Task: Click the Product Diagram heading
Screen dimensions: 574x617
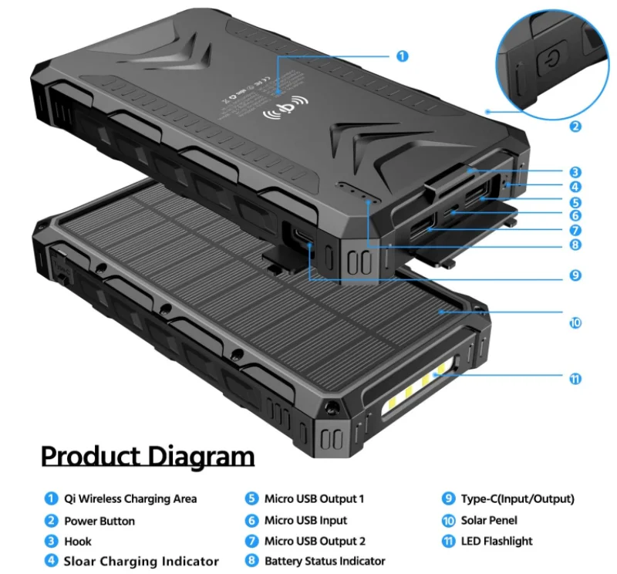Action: [x=147, y=456]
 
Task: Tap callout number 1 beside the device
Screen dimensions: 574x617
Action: [x=402, y=56]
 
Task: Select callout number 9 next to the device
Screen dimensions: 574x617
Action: [x=576, y=275]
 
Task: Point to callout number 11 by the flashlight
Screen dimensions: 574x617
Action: [x=576, y=379]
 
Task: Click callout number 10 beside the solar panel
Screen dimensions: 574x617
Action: [x=575, y=322]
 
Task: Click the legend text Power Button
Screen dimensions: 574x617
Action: [x=99, y=521]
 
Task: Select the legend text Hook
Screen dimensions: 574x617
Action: [x=78, y=541]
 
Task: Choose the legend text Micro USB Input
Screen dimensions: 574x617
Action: [x=305, y=521]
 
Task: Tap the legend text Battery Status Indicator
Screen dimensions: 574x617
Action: [x=325, y=561]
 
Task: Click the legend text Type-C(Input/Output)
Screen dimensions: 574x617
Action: [x=518, y=499]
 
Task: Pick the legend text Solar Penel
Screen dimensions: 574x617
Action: [x=489, y=521]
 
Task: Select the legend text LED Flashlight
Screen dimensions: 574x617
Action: [x=497, y=541]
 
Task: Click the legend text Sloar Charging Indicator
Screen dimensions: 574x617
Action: [x=141, y=561]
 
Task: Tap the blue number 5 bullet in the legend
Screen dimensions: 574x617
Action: [x=251, y=499]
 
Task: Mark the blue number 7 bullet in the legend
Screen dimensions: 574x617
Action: [x=251, y=541]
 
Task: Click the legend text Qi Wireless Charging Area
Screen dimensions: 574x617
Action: [x=130, y=499]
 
